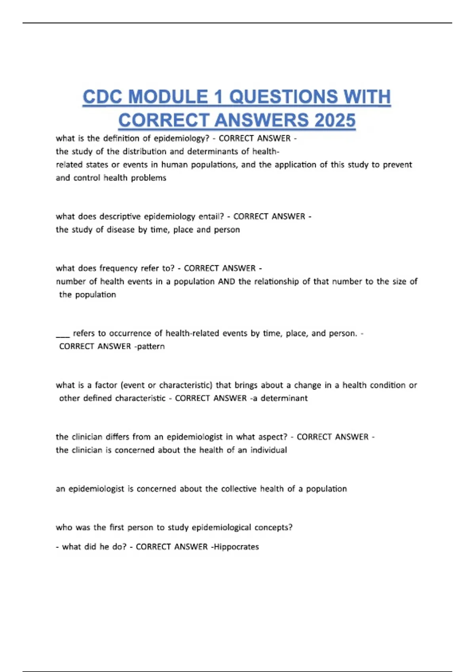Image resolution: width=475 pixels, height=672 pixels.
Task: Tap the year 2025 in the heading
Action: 335,121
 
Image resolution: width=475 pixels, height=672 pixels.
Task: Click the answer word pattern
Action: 151,346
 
